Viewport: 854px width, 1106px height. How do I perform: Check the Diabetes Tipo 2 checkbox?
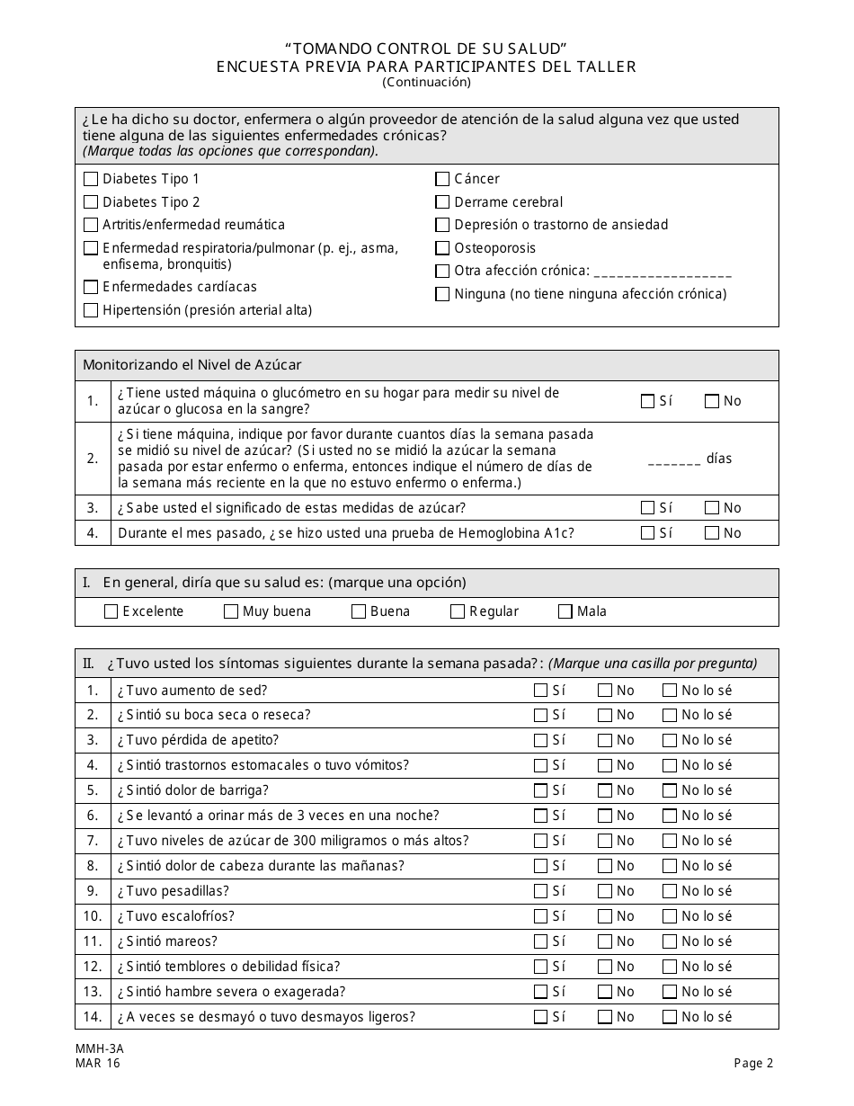point(91,202)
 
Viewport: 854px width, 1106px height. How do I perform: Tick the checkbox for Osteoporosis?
point(442,248)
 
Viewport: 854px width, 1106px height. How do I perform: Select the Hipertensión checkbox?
point(91,310)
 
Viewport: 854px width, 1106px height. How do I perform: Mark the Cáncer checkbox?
point(442,179)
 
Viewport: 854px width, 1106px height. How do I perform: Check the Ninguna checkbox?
point(442,294)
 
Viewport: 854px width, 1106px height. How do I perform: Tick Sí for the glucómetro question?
point(647,402)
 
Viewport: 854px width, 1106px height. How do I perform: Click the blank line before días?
point(673,459)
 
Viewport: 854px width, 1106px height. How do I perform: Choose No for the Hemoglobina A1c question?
point(712,533)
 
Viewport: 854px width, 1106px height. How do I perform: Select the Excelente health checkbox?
point(111,611)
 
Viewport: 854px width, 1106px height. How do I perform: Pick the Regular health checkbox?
point(458,611)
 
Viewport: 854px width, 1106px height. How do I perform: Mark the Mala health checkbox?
point(565,611)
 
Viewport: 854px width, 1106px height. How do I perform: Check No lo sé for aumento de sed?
point(670,691)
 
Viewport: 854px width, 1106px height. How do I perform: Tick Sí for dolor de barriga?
point(540,791)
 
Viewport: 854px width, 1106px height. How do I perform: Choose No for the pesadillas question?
point(605,891)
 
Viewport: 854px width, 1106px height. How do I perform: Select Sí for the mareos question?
point(540,941)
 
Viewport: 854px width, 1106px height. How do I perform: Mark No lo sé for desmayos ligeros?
point(670,1017)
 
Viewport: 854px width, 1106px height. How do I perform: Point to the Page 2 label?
point(753,1064)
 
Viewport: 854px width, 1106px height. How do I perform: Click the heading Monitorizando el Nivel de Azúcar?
point(192,365)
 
